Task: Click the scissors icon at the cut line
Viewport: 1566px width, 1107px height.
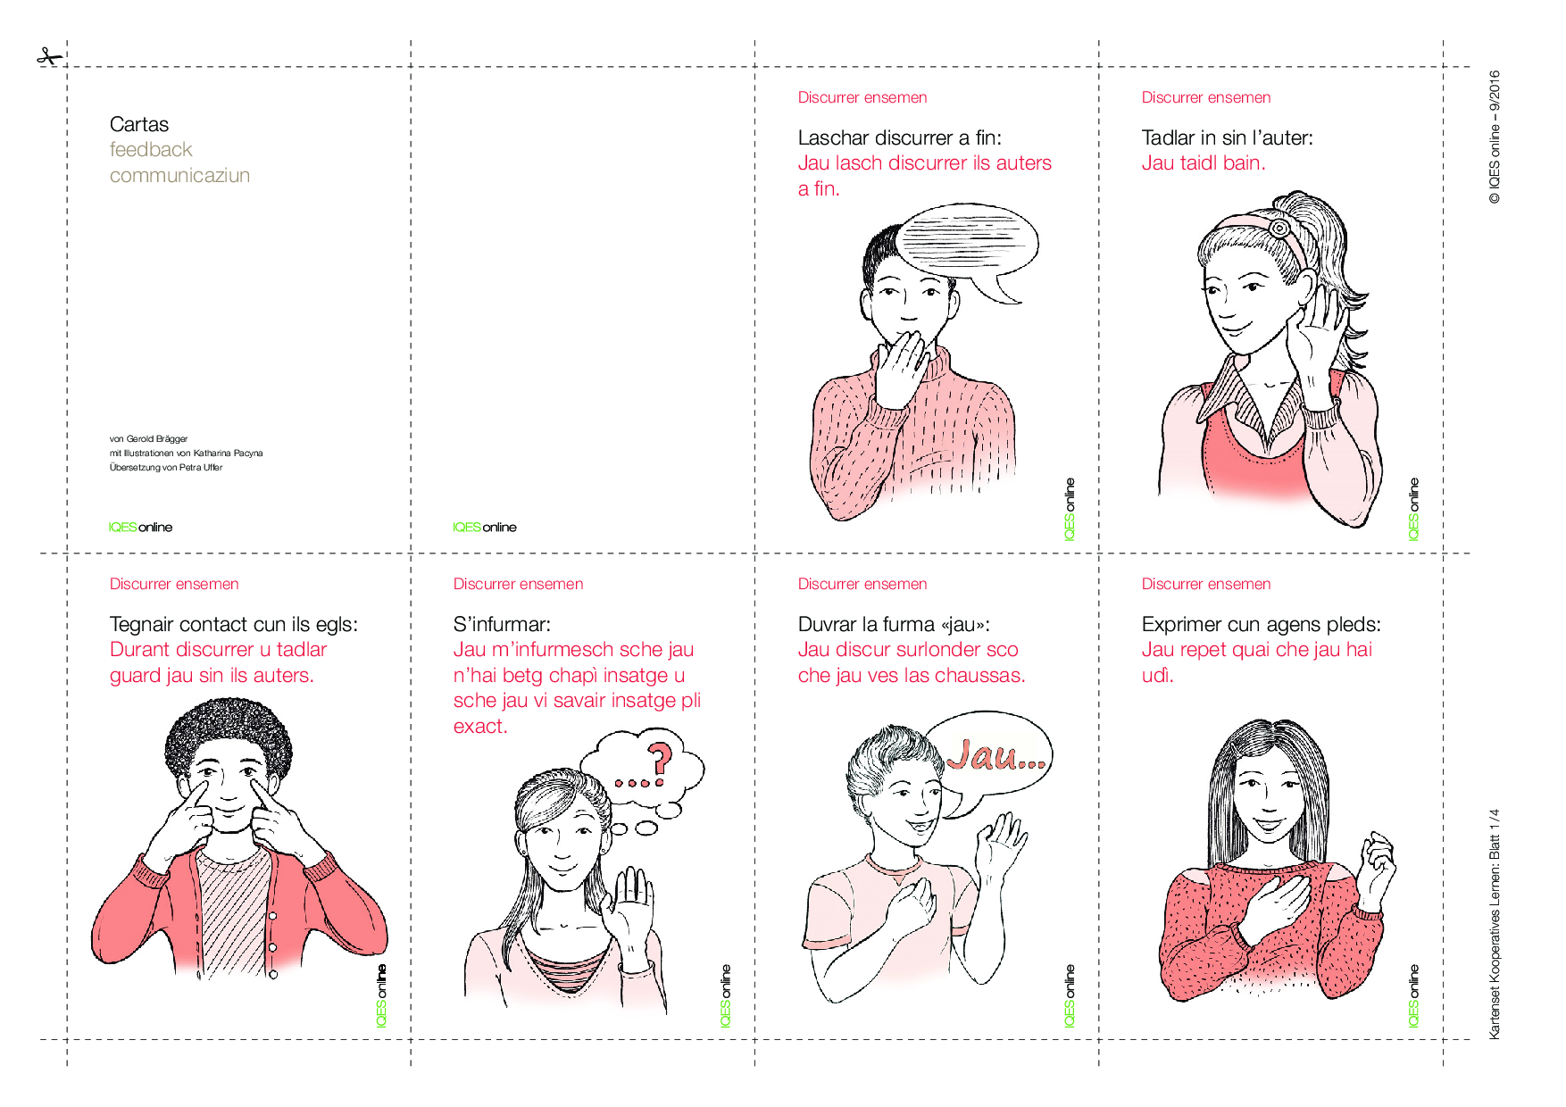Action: tap(50, 57)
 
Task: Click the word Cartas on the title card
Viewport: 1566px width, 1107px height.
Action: tap(139, 124)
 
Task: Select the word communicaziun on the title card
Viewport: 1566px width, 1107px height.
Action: tap(179, 175)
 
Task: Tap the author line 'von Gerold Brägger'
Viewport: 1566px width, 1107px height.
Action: tap(148, 438)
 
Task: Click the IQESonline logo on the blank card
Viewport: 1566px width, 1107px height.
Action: tap(484, 527)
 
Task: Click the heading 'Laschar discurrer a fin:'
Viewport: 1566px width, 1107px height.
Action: tap(899, 137)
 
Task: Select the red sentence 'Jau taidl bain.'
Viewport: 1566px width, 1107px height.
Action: tap(1203, 162)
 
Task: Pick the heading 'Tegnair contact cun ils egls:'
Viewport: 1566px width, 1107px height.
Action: tap(233, 624)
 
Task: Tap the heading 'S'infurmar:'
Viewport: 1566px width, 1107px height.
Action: tap(502, 624)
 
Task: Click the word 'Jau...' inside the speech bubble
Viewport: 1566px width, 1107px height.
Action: tap(995, 755)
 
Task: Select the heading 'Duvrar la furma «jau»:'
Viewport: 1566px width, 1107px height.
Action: tap(894, 624)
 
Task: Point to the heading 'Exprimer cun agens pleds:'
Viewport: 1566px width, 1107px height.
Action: tap(1261, 624)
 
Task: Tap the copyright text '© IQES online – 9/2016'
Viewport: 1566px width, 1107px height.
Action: tap(1494, 137)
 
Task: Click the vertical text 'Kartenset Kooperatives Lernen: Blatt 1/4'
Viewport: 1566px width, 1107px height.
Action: tap(1494, 924)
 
